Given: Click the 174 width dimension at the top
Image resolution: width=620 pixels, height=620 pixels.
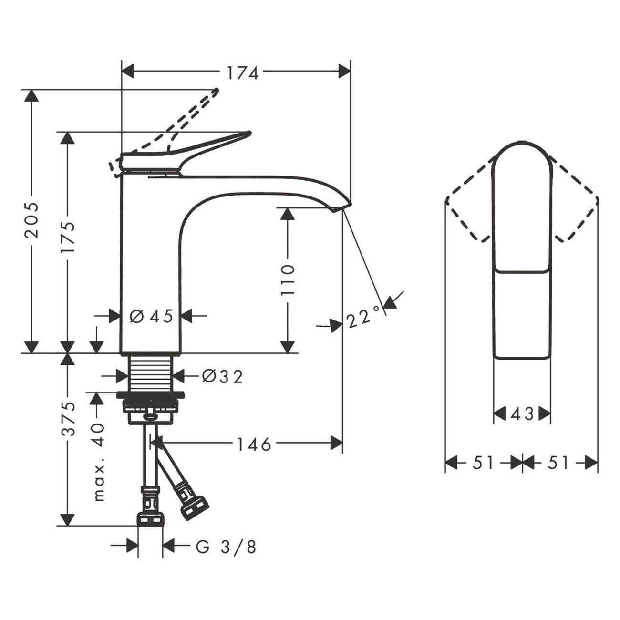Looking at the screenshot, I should (242, 72).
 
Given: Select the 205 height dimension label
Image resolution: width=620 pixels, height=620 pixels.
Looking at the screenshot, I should (32, 220).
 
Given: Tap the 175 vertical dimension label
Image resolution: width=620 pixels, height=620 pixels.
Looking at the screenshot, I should (68, 237).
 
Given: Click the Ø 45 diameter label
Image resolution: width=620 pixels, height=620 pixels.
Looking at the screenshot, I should (151, 316).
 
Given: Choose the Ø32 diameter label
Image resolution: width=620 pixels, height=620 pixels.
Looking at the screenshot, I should (222, 377).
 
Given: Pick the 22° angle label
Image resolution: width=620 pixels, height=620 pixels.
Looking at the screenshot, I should (364, 317).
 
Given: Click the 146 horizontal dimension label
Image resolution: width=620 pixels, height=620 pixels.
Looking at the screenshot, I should (254, 444).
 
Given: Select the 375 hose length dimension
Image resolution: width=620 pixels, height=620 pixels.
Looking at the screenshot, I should (68, 418).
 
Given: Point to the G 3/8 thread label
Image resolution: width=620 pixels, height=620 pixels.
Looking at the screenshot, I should (226, 547).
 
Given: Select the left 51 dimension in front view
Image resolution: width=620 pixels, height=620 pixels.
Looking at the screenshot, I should (483, 462).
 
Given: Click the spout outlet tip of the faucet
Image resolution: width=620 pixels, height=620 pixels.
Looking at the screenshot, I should (341, 207).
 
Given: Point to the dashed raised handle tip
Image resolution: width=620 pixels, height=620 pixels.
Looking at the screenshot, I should (216, 91).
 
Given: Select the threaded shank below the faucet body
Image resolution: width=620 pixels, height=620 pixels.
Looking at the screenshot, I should (150, 373).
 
